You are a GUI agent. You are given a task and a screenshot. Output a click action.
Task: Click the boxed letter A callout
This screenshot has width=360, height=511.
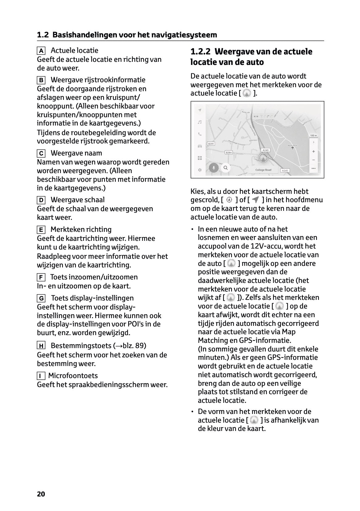tap(41, 51)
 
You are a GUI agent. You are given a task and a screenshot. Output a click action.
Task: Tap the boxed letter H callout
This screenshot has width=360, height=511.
tap(41, 346)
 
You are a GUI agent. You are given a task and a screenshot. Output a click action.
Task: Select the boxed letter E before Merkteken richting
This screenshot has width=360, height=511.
tap(41, 230)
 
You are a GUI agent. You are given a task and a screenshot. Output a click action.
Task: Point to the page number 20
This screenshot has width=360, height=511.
tap(41, 494)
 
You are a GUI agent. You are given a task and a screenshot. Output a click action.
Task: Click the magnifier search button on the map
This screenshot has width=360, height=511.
tap(226, 168)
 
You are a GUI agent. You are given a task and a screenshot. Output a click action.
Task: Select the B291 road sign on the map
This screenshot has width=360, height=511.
tap(211, 144)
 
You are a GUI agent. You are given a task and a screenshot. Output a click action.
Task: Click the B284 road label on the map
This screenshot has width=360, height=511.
tap(228, 152)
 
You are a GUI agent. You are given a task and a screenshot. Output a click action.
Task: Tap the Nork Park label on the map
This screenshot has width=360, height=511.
tap(292, 146)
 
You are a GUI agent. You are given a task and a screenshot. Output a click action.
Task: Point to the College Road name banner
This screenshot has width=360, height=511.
tap(263, 170)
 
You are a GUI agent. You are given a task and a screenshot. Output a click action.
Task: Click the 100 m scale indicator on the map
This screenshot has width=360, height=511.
tap(313, 135)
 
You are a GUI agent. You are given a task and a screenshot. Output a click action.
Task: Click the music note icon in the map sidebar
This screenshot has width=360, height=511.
tap(200, 122)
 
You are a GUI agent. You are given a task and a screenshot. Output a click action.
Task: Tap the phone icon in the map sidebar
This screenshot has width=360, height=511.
tap(200, 134)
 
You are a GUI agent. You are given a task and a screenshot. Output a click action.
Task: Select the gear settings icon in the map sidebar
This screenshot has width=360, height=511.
tap(200, 170)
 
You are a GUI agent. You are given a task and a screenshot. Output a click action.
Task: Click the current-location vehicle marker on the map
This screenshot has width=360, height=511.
tap(263, 158)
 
